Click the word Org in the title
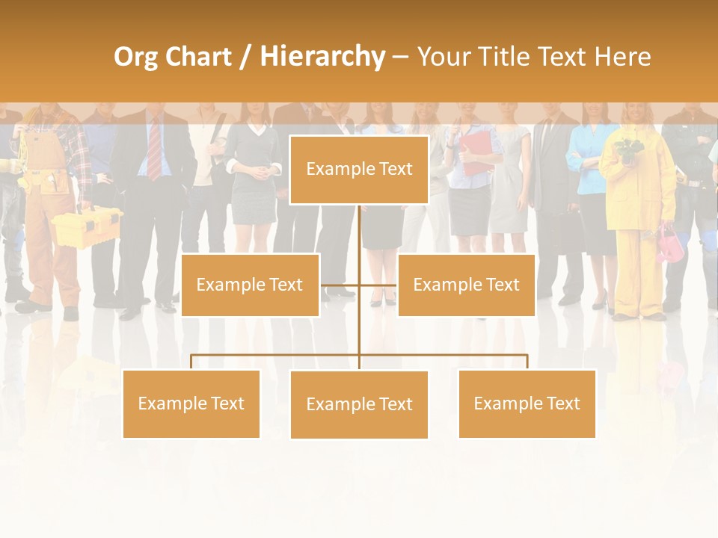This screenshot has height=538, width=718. click(x=136, y=57)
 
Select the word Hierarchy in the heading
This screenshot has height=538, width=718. click(x=322, y=57)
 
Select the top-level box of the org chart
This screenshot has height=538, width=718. click(x=359, y=170)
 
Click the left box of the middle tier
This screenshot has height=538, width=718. click(x=250, y=285)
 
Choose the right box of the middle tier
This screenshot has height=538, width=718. click(x=466, y=285)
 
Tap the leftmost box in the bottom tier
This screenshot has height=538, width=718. click(x=191, y=403)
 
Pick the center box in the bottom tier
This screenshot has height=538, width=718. click(x=359, y=404)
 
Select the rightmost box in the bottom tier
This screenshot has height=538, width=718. click(x=527, y=403)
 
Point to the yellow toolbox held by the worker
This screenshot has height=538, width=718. click(x=85, y=225)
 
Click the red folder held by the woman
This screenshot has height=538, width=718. click(x=477, y=152)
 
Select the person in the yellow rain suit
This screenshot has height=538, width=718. click(x=637, y=209)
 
